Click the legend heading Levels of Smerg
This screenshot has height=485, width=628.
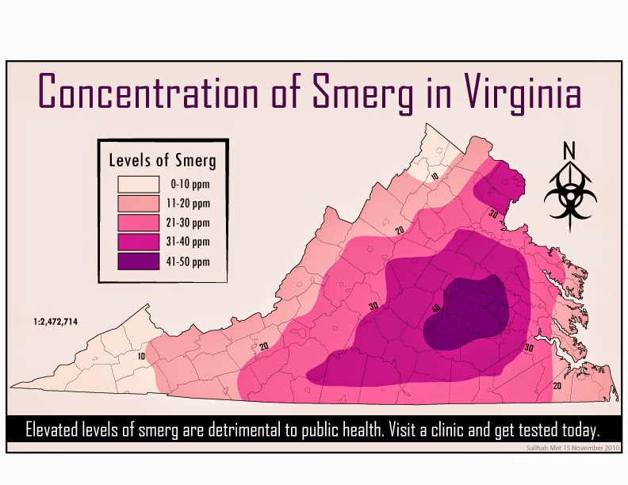tap(163, 160)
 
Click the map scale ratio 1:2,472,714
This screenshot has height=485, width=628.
tap(55, 321)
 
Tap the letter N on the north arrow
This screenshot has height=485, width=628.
tap(569, 151)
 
